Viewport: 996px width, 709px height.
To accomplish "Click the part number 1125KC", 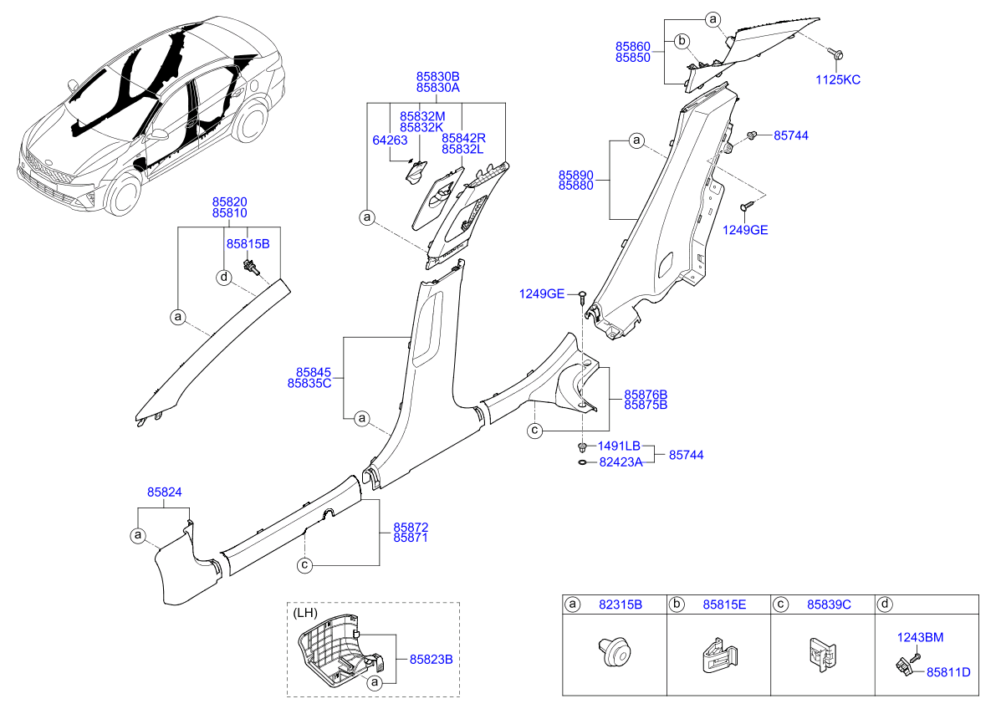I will click(838, 79).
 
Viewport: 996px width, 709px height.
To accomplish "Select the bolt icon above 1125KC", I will click(837, 54).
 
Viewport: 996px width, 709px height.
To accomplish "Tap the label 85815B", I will click(247, 243).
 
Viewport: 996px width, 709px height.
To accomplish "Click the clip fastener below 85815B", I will click(251, 268).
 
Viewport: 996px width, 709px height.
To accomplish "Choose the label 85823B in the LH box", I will click(430, 659).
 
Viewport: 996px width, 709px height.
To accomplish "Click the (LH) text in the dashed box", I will click(306, 613).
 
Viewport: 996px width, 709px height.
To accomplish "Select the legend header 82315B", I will click(621, 604).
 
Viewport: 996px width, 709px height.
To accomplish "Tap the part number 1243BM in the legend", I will click(920, 636).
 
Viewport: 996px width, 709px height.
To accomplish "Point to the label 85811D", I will click(947, 671).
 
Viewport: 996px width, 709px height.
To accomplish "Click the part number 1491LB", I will click(620, 446).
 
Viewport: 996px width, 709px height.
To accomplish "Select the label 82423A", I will click(620, 461).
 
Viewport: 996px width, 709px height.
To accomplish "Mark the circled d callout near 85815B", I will click(224, 277).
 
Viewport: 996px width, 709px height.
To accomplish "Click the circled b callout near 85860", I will click(682, 40).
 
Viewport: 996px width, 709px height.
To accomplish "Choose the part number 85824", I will click(165, 493).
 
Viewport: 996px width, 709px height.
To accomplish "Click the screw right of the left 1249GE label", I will click(582, 295).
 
